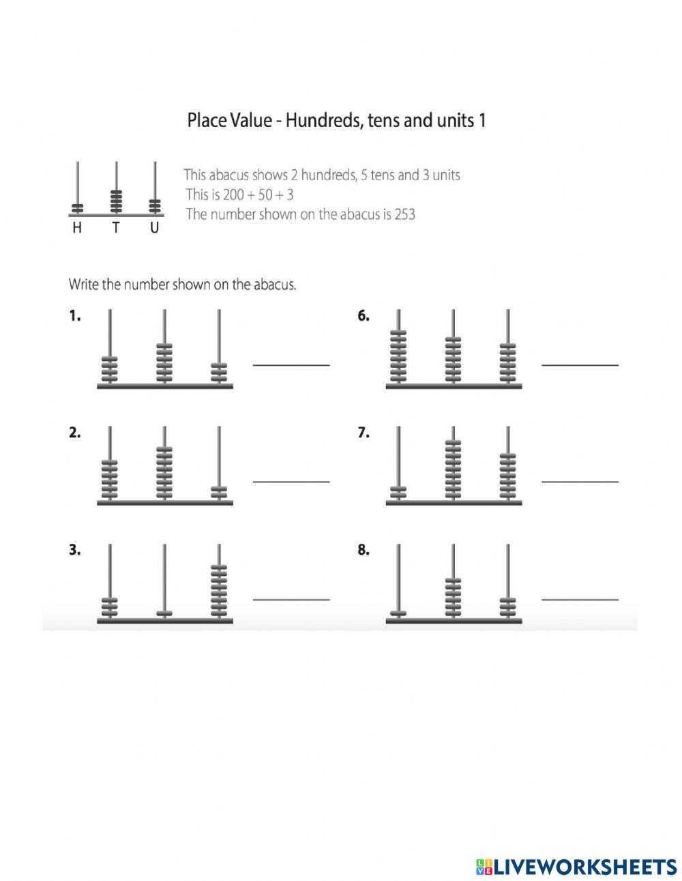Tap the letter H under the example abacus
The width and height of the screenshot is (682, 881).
click(x=77, y=229)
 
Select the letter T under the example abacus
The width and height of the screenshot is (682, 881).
click(x=116, y=229)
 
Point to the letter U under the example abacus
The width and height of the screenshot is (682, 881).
click(x=155, y=229)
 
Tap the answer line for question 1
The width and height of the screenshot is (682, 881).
click(x=291, y=364)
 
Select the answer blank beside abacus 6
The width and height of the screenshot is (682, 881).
click(x=580, y=364)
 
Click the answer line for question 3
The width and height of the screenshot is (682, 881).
click(x=291, y=599)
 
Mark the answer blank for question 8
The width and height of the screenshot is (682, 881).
click(x=580, y=599)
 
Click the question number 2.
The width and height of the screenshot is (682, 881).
click(x=74, y=433)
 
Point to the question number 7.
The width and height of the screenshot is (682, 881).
click(x=364, y=433)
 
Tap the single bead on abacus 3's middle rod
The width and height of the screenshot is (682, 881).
click(x=164, y=613)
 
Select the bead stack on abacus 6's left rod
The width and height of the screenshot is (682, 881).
click(x=398, y=356)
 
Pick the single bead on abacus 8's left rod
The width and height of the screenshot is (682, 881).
click(x=398, y=613)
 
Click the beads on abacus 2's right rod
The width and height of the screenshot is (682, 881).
click(x=219, y=492)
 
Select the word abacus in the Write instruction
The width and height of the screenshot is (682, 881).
click(x=274, y=285)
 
